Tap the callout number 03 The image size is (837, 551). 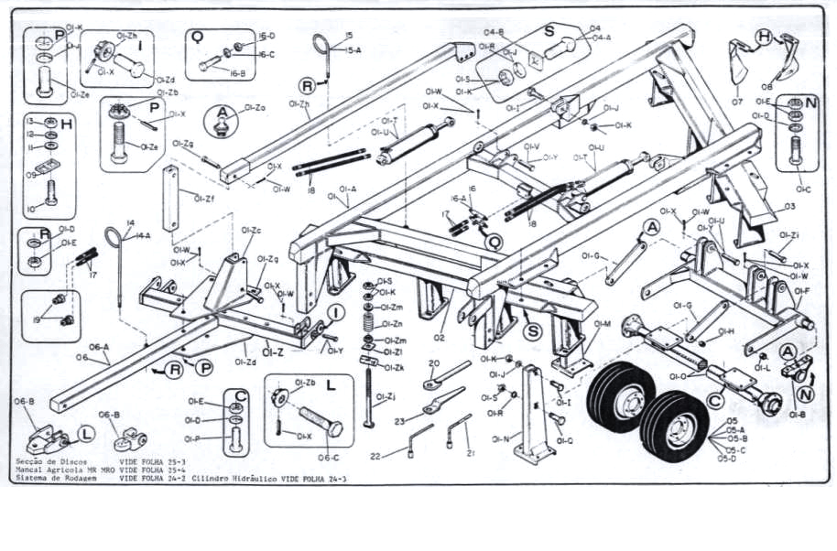click(788, 206)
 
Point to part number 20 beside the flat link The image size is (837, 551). click(434, 363)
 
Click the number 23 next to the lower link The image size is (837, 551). click(399, 421)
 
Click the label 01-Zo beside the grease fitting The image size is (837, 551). click(255, 108)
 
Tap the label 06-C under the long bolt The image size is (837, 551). click(329, 458)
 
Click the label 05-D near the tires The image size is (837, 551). click(727, 459)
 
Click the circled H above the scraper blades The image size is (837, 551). click(764, 38)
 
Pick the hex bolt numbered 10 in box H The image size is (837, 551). click(51, 195)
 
